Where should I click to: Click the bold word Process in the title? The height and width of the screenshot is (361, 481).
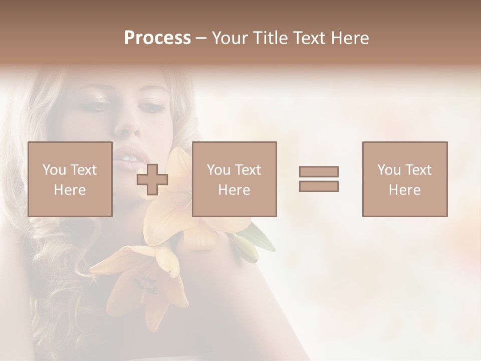[x=157, y=38]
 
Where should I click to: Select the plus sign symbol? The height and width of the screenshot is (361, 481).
[x=152, y=179]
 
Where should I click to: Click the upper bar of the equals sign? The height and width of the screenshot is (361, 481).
[x=319, y=171]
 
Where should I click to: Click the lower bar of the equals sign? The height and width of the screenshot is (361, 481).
[x=319, y=186]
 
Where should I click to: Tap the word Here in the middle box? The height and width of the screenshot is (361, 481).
[x=234, y=190]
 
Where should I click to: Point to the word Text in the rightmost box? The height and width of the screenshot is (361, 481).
[x=418, y=170]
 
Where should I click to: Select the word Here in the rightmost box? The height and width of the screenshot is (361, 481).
[x=404, y=190]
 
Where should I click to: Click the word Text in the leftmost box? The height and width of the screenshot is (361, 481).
[x=84, y=170]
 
